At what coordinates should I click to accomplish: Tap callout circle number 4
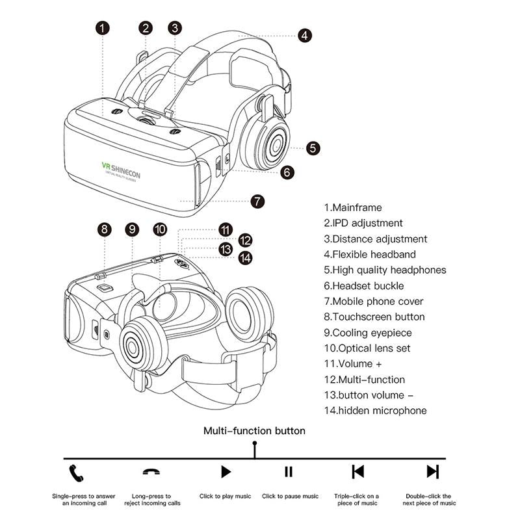click(x=305, y=35)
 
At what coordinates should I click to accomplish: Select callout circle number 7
click(x=257, y=201)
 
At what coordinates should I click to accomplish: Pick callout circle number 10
click(x=161, y=229)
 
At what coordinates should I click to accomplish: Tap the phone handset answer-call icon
click(x=77, y=472)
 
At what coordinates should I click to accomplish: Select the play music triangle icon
click(x=226, y=472)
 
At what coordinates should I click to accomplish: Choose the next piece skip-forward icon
click(x=432, y=472)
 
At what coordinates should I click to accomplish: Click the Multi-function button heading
click(x=254, y=430)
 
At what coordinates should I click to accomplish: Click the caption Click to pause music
click(x=290, y=497)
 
